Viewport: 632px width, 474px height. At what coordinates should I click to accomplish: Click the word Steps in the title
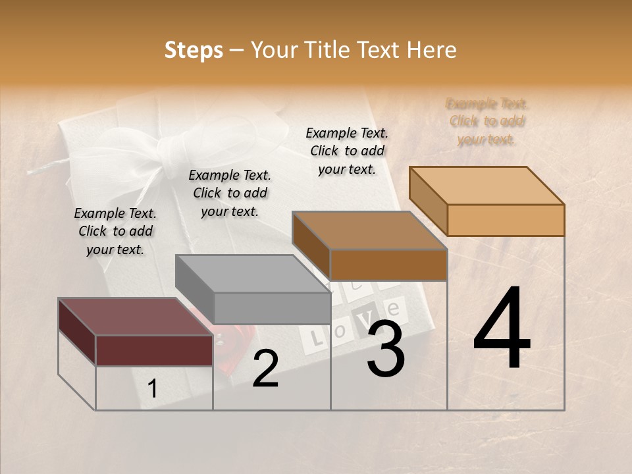(x=194, y=50)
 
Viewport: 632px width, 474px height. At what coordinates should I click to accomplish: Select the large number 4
(x=502, y=329)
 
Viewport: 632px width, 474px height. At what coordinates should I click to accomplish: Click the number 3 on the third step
(x=385, y=349)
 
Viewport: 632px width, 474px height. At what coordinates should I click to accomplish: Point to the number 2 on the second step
(x=265, y=369)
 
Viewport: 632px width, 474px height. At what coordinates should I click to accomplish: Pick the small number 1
(x=153, y=389)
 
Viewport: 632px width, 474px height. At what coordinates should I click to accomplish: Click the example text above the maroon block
(x=115, y=231)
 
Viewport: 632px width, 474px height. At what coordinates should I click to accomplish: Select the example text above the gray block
(x=230, y=193)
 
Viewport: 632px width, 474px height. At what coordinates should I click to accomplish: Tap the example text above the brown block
(x=347, y=151)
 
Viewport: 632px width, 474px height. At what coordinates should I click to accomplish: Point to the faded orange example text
(x=487, y=121)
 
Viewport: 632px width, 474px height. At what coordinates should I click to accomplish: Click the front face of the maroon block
(x=154, y=350)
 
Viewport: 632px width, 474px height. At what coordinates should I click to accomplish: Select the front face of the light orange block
(x=506, y=220)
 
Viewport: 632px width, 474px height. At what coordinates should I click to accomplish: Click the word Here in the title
(x=431, y=50)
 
